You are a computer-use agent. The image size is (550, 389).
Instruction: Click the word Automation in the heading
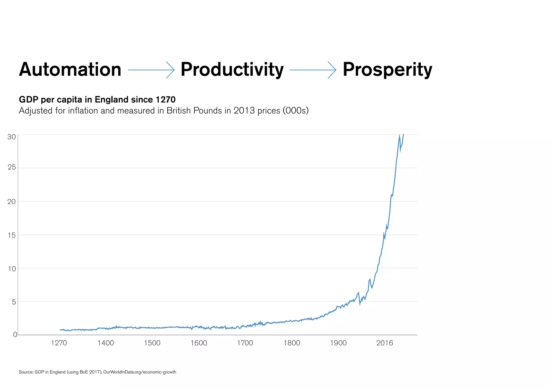[70, 70]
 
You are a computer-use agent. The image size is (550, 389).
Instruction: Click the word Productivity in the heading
[232, 70]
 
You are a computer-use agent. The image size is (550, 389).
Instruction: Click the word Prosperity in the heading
[387, 70]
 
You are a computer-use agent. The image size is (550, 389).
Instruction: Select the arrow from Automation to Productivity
[151, 70]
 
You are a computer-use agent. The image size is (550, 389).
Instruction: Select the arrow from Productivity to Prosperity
[313, 70]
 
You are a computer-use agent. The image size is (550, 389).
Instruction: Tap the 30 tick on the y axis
[12, 137]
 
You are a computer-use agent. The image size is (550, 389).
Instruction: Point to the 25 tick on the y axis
[12, 168]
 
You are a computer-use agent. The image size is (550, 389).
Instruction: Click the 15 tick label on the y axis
[12, 235]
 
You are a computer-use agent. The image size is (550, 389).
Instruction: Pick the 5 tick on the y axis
[14, 302]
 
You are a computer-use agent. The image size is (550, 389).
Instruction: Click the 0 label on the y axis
[15, 335]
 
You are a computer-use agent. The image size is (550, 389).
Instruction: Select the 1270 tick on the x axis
[59, 343]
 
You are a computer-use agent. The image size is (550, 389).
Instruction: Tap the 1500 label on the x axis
[152, 343]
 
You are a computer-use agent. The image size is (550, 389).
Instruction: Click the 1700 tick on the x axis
[245, 343]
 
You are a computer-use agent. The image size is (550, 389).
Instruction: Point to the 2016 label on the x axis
[385, 343]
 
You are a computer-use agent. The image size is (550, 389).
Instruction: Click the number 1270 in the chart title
[165, 100]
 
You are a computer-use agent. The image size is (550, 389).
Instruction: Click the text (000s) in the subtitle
[295, 111]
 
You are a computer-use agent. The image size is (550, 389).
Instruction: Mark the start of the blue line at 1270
[60, 330]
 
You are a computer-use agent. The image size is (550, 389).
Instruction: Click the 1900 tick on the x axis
[338, 343]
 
